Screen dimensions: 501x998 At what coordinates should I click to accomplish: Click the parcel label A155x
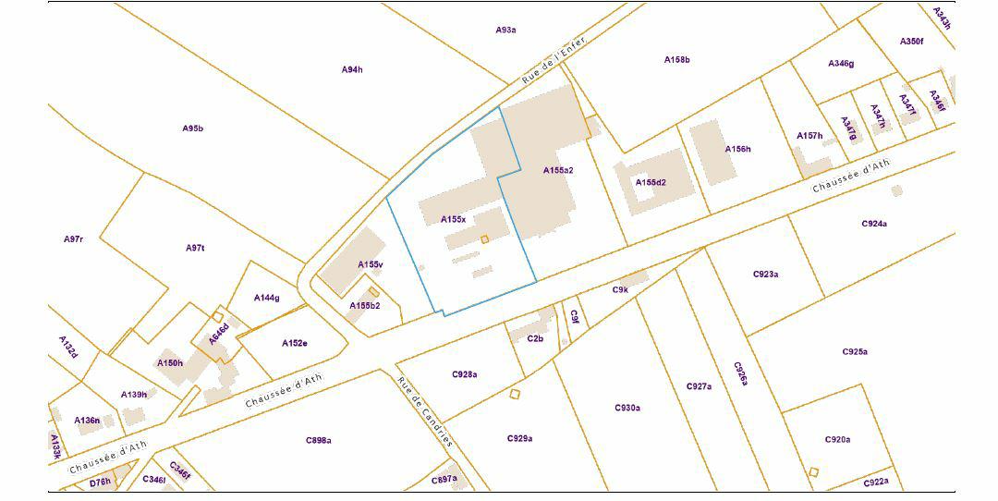point(453,219)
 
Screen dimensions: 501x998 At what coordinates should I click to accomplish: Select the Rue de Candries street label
point(425,412)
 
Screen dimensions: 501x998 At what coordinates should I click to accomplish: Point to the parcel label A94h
point(352,69)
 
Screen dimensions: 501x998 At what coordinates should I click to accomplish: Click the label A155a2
point(558,170)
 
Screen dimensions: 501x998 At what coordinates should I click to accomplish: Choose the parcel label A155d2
point(651,182)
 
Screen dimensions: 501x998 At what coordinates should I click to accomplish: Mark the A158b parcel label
point(677,60)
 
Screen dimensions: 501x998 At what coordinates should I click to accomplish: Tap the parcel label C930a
point(627,408)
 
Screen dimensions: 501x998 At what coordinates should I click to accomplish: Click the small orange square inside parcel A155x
point(485,240)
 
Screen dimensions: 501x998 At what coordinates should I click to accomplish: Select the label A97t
point(195,248)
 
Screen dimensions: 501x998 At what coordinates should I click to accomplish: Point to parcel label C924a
point(874,224)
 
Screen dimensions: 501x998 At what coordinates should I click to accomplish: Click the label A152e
point(294,343)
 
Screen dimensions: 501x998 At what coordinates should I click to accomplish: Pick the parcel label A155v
point(371,264)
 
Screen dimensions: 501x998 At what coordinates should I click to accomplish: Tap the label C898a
point(319,440)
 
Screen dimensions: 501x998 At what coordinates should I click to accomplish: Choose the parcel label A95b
point(192,128)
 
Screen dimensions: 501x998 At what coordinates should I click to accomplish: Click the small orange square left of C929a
point(515,395)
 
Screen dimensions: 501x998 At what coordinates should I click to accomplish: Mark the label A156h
point(737,149)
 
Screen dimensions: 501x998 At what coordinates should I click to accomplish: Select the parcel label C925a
point(855,352)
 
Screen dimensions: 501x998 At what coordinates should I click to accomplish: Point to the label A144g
point(266,298)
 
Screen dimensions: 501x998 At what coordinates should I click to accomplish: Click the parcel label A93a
point(505,30)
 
